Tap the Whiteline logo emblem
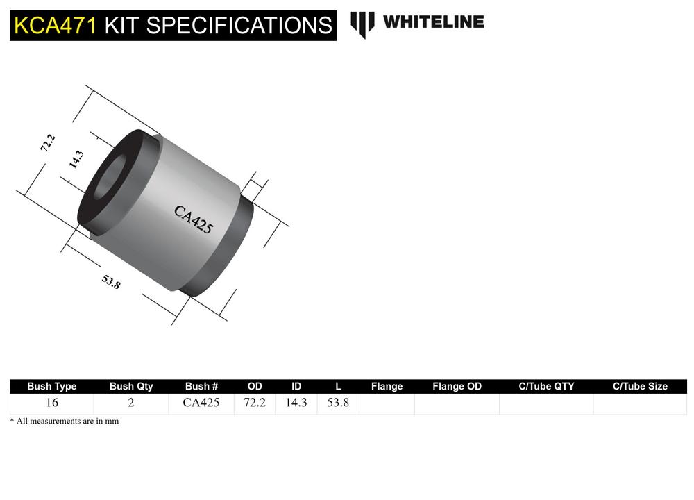coord(362,24)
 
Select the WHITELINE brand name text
coord(433,22)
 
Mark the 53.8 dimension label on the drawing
coord(111,281)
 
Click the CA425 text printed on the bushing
coord(193,219)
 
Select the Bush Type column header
coord(51,386)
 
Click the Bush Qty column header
coord(131,386)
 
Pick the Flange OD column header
coord(457,386)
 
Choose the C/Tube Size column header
coord(640,386)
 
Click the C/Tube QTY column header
coord(546,386)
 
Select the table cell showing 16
coord(51,403)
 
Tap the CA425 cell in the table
coord(201,403)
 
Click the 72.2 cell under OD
coord(255,403)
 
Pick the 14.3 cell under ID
coord(296,403)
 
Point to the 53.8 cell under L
coord(338,403)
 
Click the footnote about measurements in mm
coord(65,421)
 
